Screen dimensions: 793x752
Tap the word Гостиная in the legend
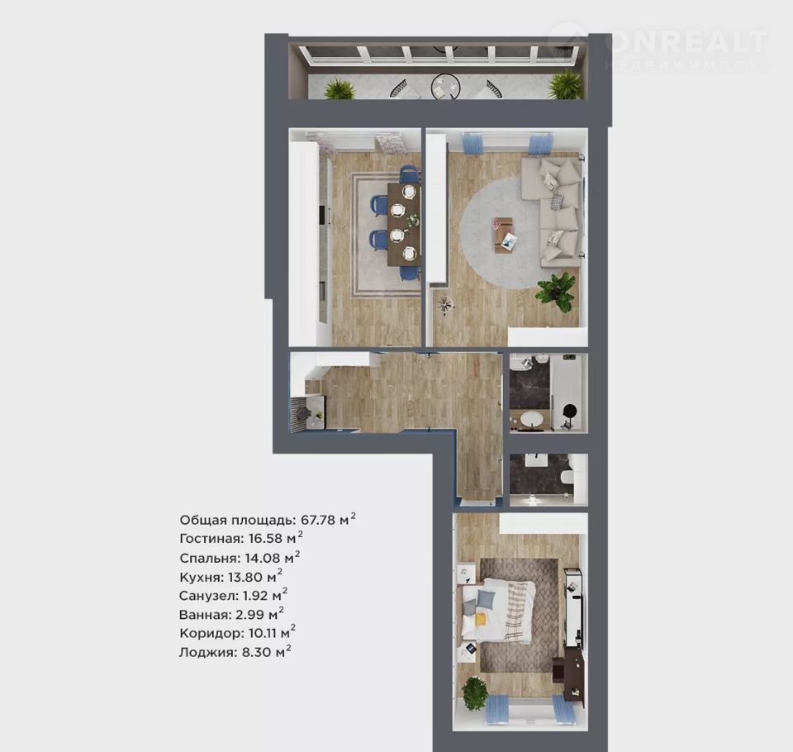coord(211,539)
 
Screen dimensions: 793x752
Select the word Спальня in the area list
coord(209,558)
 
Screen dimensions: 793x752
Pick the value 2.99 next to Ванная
coord(249,615)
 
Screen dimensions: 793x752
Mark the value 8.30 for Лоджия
coord(256,652)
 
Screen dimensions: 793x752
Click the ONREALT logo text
coord(686,41)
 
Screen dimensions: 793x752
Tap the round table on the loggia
coord(445,87)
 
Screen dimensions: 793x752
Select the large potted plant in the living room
coord(557,292)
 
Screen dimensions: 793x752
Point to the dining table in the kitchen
coord(404,224)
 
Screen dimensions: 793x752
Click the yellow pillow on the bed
coord(480,618)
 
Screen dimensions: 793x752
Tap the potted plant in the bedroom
coord(475,693)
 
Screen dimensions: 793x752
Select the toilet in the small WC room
coord(567,478)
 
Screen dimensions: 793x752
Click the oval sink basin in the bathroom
coord(531,420)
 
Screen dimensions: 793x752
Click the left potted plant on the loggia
coord(340,89)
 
